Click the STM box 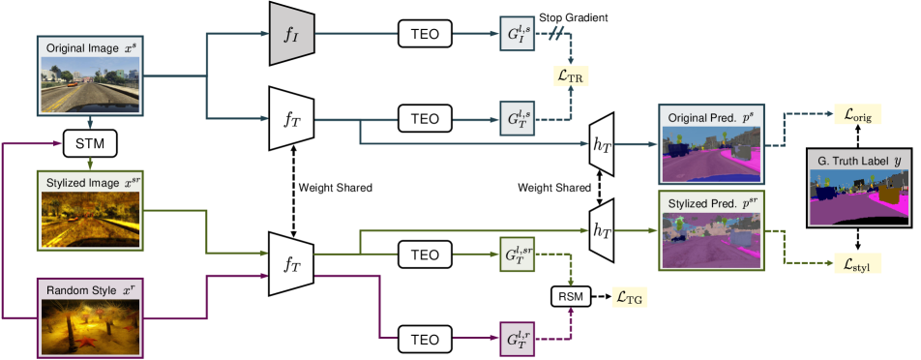(x=89, y=145)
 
